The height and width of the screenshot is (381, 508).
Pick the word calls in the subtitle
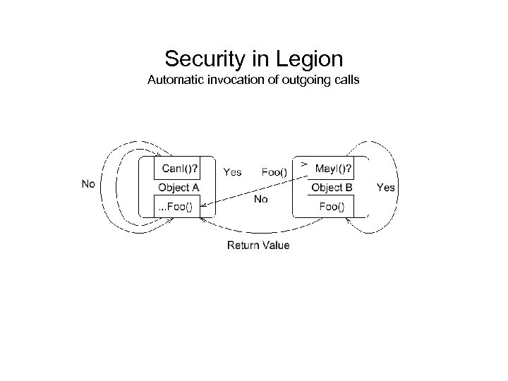click(x=344, y=80)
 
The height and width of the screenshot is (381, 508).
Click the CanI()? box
click(x=178, y=169)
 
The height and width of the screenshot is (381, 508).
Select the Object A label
click(x=178, y=188)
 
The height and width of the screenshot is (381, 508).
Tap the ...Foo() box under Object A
click(x=178, y=207)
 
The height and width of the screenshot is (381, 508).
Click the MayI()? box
click(x=334, y=169)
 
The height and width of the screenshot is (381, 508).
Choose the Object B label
click(x=332, y=188)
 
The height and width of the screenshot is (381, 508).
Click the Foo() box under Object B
click(x=332, y=207)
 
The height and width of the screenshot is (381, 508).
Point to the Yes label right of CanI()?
click(x=232, y=171)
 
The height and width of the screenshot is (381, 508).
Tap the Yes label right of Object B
click(x=386, y=188)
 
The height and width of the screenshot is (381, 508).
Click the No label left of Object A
click(x=89, y=184)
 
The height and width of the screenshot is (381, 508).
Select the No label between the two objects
click(x=260, y=200)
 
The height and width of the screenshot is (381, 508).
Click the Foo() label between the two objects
click(x=274, y=171)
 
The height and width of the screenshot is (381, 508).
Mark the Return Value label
click(x=258, y=246)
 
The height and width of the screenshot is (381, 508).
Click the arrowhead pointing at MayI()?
click(x=304, y=164)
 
